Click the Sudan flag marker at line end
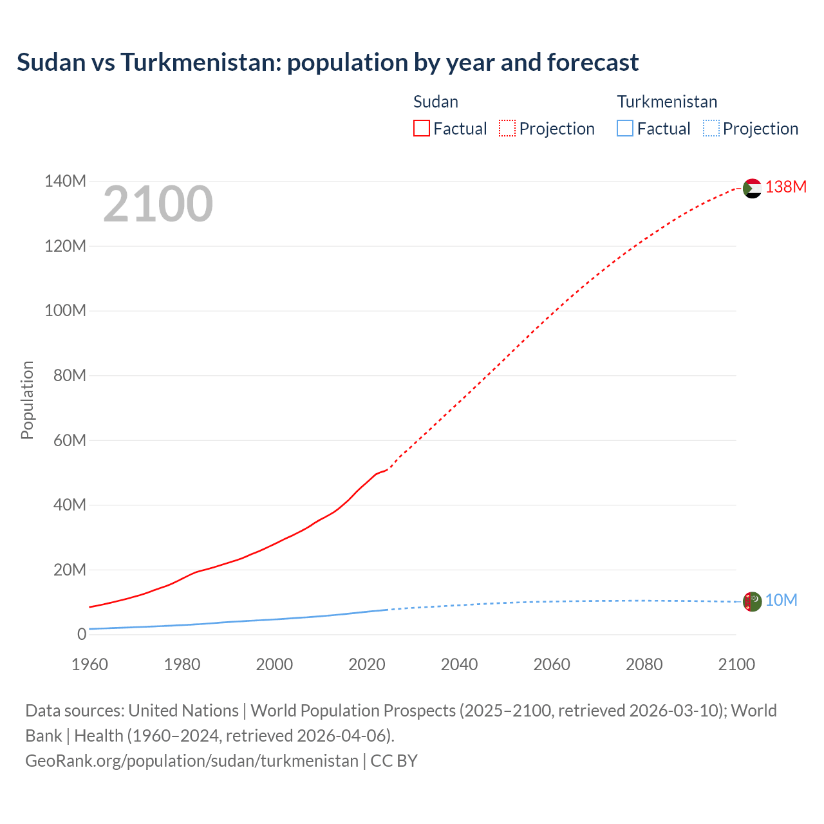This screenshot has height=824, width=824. point(752,189)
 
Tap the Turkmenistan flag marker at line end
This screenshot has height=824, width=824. point(752,601)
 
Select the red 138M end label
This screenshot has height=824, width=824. point(785,187)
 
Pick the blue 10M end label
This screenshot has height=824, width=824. point(781,600)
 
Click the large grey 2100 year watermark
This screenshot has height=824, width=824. point(158,204)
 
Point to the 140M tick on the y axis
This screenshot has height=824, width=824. point(65,182)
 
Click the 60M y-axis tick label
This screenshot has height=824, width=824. point(70,440)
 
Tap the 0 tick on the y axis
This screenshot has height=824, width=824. point(81,634)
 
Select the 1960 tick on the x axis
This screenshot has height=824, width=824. point(89,664)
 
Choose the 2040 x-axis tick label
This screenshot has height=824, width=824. point(459,664)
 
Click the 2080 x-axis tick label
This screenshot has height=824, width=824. point(644,664)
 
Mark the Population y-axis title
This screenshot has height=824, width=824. point(27,400)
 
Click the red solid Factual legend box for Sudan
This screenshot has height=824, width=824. point(421,129)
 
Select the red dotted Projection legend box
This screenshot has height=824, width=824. point(507,129)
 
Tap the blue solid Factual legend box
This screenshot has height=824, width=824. point(624,129)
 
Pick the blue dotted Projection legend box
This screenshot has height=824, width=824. point(711,129)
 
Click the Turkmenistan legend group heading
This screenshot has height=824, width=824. point(667,102)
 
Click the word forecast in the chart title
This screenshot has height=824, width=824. point(592,62)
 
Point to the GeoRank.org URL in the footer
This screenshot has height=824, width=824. point(191,761)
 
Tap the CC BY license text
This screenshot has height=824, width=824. point(394,761)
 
